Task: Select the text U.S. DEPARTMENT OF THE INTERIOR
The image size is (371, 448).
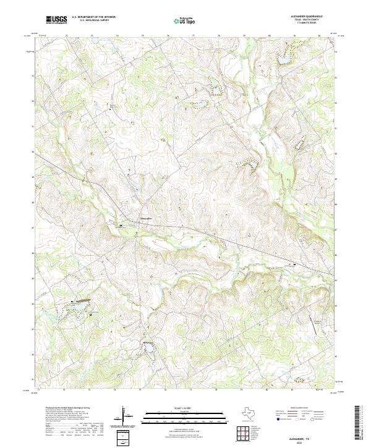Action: click(93, 17)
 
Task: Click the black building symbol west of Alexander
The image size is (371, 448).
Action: click(121, 226)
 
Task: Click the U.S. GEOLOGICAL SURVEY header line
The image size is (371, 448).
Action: click(93, 20)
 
